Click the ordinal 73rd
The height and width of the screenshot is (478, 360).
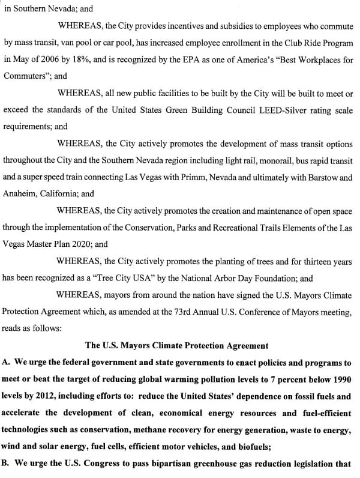click(x=192, y=312)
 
